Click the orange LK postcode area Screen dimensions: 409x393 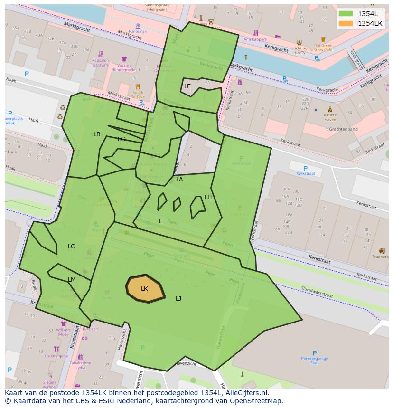(x=145, y=288)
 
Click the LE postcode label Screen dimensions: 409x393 (x=187, y=86)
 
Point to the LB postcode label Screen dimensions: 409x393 (x=97, y=134)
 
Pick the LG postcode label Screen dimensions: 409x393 (x=122, y=139)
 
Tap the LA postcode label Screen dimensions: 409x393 (x=179, y=180)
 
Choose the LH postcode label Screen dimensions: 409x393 (x=208, y=197)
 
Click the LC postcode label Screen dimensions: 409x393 (x=71, y=247)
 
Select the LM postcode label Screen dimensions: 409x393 (x=72, y=280)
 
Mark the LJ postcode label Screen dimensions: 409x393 (x=178, y=299)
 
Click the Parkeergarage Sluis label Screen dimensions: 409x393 (x=315, y=360)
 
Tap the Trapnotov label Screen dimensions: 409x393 (x=381, y=257)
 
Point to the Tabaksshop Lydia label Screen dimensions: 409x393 (x=80, y=365)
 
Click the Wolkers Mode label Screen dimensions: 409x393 (x=63, y=332)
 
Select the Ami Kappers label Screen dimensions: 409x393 (x=255, y=39)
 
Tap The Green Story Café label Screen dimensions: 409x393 (x=323, y=48)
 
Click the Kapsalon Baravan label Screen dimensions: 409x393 (x=100, y=62)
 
